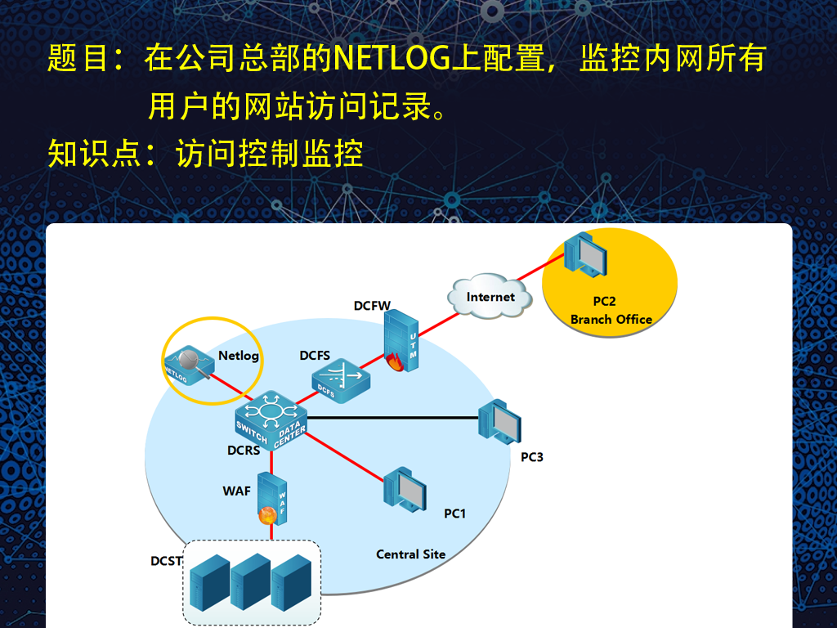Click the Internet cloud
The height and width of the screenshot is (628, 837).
pyautogui.click(x=490, y=296)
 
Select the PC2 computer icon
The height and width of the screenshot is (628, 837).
pyautogui.click(x=585, y=254)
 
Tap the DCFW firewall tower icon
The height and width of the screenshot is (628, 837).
pyautogui.click(x=401, y=341)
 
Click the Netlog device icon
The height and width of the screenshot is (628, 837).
pyautogui.click(x=189, y=365)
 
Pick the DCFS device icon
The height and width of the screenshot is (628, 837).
pyautogui.click(x=341, y=381)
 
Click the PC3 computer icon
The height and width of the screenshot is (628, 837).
pyautogui.click(x=499, y=423)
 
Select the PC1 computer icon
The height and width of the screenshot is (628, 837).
pyautogui.click(x=405, y=490)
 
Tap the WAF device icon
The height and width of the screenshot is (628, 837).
pyautogui.click(x=271, y=499)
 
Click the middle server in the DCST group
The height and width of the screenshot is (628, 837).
pyautogui.click(x=250, y=581)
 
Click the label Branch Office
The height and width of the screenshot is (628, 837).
pyautogui.click(x=611, y=320)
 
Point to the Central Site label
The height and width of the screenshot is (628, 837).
pyautogui.click(x=410, y=554)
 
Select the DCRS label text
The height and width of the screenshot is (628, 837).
pyautogui.click(x=244, y=451)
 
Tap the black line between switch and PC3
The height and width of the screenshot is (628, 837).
pyautogui.click(x=393, y=418)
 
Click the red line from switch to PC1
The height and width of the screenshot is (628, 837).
pyautogui.click(x=344, y=457)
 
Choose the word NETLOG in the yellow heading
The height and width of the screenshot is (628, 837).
pyautogui.click(x=392, y=58)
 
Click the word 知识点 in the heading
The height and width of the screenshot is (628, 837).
pyautogui.click(x=94, y=153)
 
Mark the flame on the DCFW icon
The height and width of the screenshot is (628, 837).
pyautogui.click(x=395, y=362)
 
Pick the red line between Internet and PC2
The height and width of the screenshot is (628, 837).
pyautogui.click(x=541, y=267)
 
